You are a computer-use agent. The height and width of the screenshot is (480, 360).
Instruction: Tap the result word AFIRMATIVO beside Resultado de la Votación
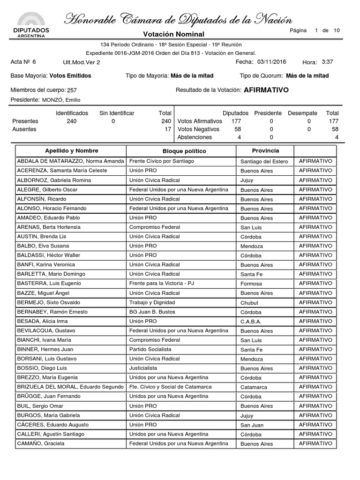tap(266, 90)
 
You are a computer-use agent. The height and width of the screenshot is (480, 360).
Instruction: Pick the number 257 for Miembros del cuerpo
tap(72, 90)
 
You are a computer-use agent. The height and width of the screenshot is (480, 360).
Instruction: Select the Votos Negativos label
tap(198, 129)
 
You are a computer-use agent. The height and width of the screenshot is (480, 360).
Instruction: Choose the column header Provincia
tap(265, 151)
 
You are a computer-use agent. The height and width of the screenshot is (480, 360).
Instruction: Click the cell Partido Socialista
tap(150, 349)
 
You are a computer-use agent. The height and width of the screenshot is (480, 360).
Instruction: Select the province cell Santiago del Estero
tap(263, 162)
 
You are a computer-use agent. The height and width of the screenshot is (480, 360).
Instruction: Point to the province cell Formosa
tap(251, 284)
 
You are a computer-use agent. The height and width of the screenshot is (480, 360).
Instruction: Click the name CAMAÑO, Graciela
tap(41, 443)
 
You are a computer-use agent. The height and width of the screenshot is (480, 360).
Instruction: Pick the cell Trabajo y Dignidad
tap(152, 302)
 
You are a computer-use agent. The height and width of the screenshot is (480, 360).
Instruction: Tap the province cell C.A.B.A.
tap(251, 322)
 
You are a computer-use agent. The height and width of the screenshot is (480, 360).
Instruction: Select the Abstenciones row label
tap(195, 137)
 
